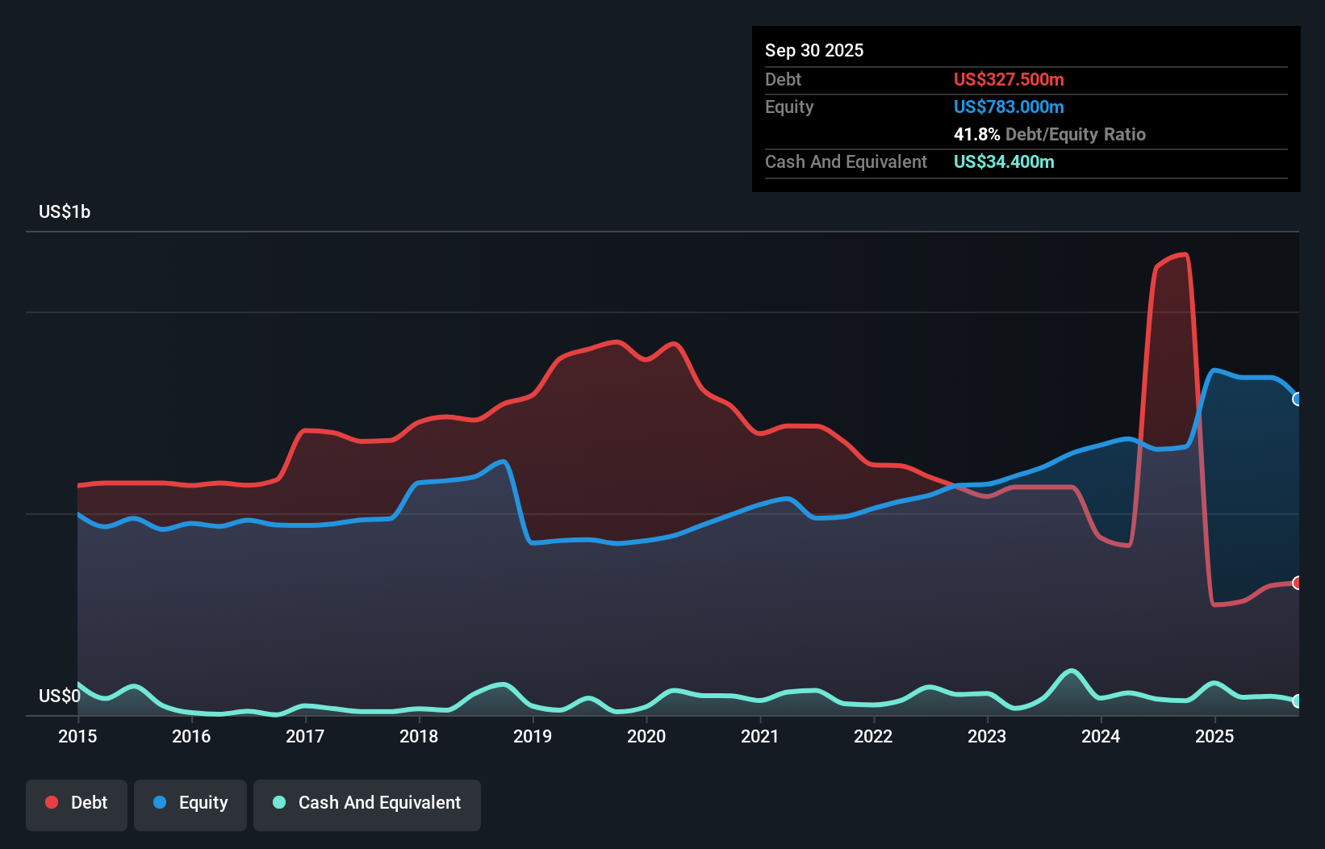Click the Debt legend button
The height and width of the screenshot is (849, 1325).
coord(77,804)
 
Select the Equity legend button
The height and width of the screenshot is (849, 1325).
coord(190,804)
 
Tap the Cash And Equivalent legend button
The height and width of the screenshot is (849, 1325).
coord(367,804)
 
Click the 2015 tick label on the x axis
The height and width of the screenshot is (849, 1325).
coord(77,736)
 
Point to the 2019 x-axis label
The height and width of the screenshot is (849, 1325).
coord(533,736)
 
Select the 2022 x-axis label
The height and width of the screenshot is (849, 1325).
coord(873,736)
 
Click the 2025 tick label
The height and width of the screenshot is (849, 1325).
coord(1214,736)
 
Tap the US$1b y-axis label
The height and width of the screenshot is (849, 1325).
coord(65,212)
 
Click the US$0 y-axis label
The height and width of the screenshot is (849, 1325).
coord(60,696)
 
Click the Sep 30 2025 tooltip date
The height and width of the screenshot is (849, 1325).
coord(814,51)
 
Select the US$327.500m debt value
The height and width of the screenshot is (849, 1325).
coord(1009,80)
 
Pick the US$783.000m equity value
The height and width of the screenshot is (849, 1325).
coord(1009,107)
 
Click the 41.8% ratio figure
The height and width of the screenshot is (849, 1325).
coord(976,135)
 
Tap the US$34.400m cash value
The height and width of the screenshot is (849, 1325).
coord(1004,162)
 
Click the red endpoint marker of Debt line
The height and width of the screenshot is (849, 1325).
coord(1297,583)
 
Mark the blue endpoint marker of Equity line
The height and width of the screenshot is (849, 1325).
coord(1297,399)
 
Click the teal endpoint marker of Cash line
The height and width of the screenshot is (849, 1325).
coord(1297,701)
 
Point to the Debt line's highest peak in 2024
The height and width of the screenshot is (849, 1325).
coord(1184,255)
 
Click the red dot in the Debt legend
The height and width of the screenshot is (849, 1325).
coord(52,802)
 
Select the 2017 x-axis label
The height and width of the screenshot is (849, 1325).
coord(305,736)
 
